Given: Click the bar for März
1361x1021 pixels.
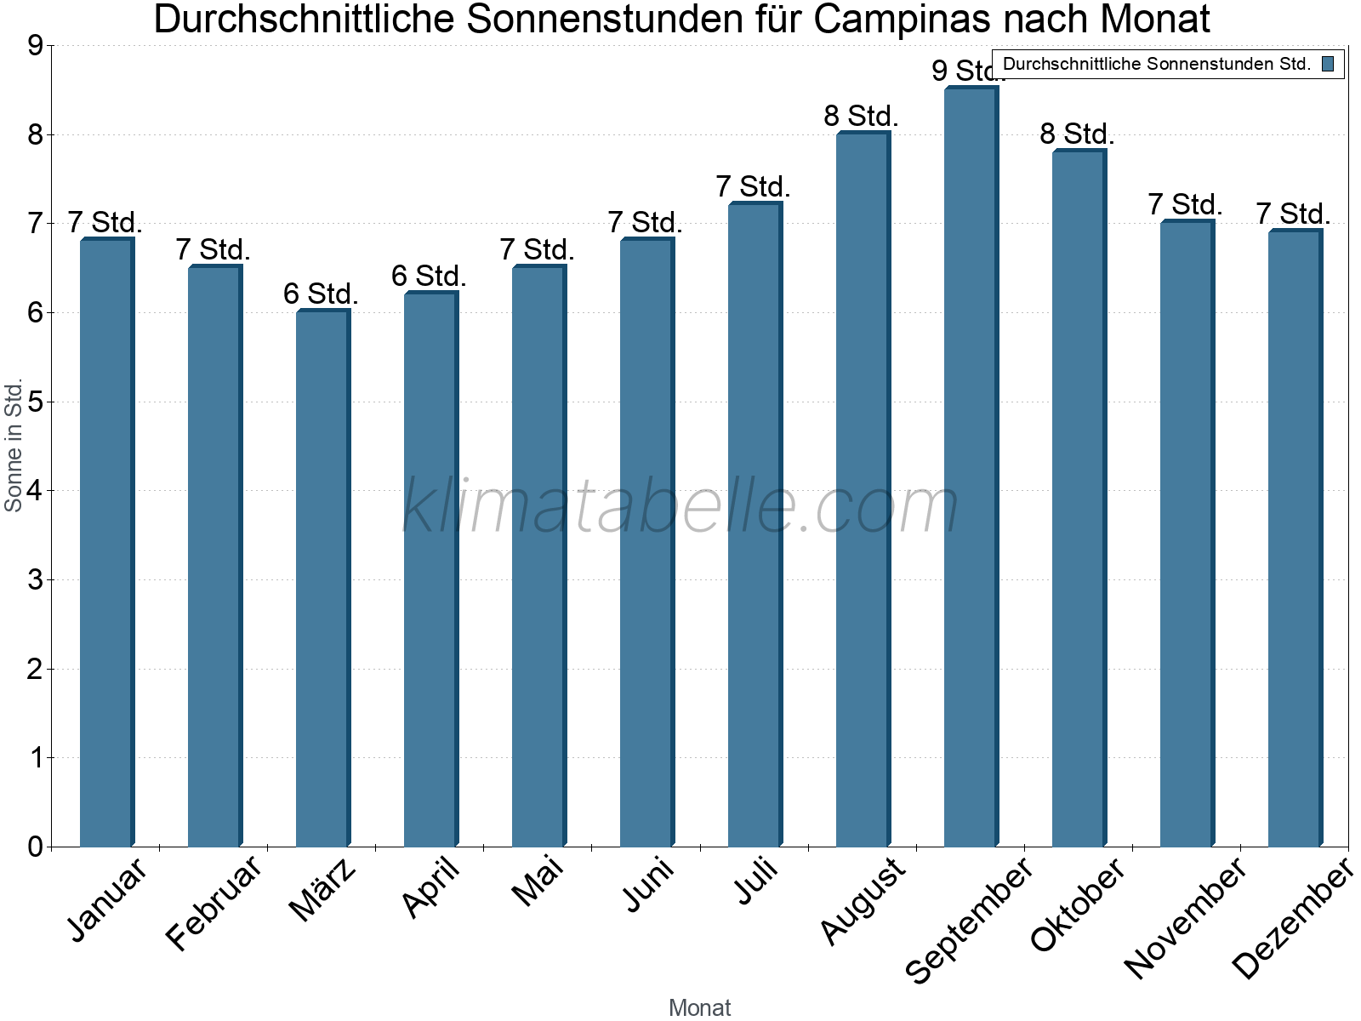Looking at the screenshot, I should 322,579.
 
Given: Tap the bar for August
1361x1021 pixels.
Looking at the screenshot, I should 862,489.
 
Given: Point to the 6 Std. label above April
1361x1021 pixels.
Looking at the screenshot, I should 429,276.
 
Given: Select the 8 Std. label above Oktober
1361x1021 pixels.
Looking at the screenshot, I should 1077,134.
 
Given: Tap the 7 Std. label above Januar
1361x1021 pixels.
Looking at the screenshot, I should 105,222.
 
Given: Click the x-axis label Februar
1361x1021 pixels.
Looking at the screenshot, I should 214,904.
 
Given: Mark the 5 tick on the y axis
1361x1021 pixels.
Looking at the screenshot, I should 35,402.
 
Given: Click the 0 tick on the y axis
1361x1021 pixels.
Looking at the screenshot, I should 35,847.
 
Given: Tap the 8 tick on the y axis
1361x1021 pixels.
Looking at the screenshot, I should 35,134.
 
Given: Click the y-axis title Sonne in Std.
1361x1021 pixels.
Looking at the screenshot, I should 14,446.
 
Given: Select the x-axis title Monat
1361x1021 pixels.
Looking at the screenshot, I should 699,1007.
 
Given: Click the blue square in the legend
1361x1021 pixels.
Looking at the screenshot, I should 1328,64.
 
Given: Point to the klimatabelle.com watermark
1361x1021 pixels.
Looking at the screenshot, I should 680,506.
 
